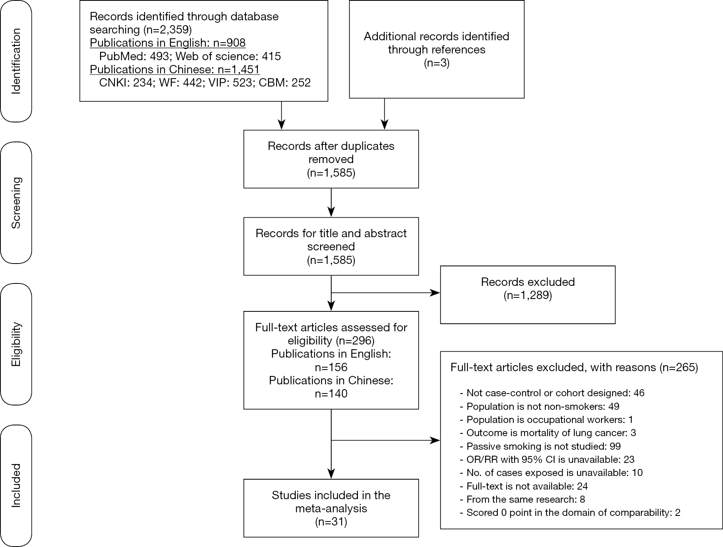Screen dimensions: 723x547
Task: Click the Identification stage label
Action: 16,61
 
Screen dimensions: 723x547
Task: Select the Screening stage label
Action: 16,203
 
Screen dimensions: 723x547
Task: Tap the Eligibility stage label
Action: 16,344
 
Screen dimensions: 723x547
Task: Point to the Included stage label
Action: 16,485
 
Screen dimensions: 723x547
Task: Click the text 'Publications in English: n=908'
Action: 167,43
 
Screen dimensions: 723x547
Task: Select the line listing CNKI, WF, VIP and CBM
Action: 205,83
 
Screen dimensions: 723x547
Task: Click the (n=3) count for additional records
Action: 436,63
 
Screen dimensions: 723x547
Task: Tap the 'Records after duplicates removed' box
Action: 331,159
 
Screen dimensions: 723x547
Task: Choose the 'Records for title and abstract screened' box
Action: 331,246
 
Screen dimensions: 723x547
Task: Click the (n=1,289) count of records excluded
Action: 528,295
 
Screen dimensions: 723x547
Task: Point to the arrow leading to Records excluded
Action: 386,293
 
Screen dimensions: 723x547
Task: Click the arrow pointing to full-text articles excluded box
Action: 386,441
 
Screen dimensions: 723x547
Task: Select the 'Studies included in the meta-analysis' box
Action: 331,508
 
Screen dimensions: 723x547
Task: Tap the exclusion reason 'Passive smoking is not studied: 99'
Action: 540,446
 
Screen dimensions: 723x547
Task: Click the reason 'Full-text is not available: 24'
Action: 524,486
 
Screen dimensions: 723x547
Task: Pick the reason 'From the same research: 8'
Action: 523,499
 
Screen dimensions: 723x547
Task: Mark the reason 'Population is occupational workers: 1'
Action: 546,419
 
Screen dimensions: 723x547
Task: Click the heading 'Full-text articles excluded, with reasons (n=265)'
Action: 574,367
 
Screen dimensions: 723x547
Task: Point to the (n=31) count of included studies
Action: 331,521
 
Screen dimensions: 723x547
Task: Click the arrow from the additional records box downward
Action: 385,114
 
